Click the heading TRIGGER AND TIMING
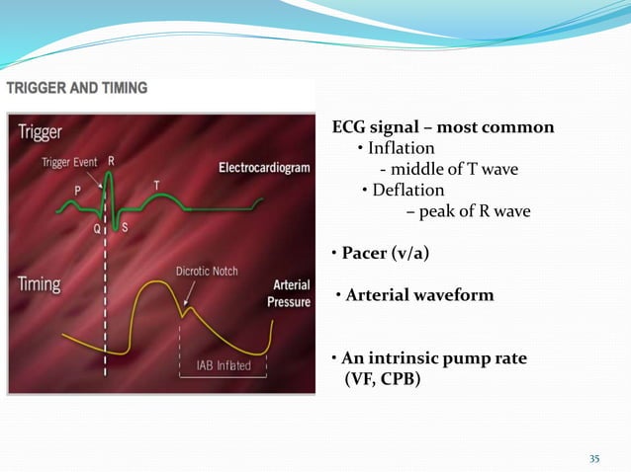pos(77,88)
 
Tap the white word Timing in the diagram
pos(40,284)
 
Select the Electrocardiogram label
pos(263,168)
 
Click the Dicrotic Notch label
pos(206,271)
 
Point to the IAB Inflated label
pos(220,365)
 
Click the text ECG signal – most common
pos(442,127)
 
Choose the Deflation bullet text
pos(406,190)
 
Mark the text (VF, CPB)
pos(381,377)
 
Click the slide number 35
pos(594,457)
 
